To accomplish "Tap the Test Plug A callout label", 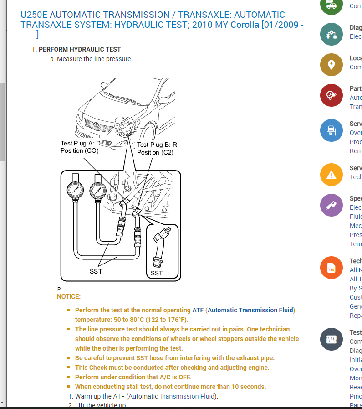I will click(80, 147).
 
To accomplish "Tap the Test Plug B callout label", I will click(157, 148).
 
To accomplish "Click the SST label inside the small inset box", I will click(157, 273).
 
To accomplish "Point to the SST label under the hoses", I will click(96, 271).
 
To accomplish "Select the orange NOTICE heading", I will click(69, 296).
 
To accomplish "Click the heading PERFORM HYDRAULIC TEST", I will click(80, 49).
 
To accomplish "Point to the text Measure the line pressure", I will click(95, 59).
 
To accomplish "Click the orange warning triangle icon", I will click(331, 174).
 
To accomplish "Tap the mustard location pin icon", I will click(331, 65).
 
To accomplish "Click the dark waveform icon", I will click(331, 339).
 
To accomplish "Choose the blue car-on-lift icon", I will click(331, 130).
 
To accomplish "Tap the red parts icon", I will click(331, 95).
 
